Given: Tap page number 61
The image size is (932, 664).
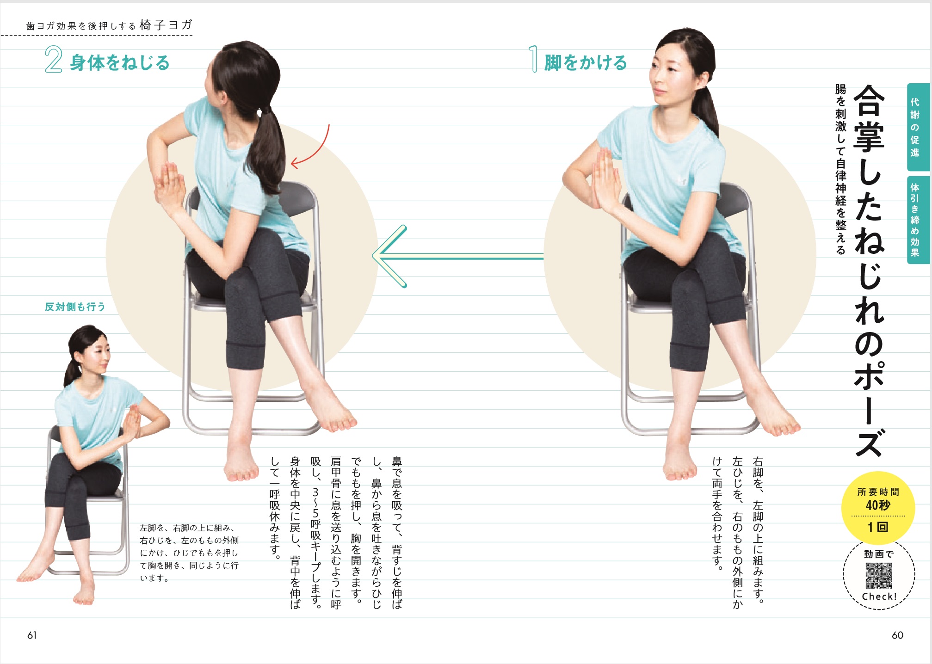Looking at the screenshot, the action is click(x=32, y=635).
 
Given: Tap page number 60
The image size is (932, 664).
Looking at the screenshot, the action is click(x=897, y=635).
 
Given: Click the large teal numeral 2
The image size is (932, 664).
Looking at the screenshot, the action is click(x=53, y=60).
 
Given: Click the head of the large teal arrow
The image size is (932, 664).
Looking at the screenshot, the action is click(x=389, y=256).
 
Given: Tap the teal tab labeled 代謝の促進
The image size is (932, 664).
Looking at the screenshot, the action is click(x=918, y=127).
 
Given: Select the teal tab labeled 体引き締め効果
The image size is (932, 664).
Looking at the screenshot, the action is click(x=918, y=220).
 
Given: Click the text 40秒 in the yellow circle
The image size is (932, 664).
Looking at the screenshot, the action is click(x=878, y=505).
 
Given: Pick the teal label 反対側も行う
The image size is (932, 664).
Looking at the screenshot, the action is click(x=75, y=307).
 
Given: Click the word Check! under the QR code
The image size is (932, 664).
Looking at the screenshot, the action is click(x=879, y=596).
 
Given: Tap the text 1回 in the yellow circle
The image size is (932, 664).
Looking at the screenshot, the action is click(x=878, y=527).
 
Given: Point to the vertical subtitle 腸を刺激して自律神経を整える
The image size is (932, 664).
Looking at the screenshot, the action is click(x=840, y=169).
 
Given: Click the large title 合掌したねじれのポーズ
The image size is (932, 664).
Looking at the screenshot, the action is click(x=869, y=271).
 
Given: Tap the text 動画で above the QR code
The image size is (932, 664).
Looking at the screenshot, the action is click(x=879, y=554).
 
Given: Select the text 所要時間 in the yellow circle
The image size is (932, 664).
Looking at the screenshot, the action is click(x=878, y=492).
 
